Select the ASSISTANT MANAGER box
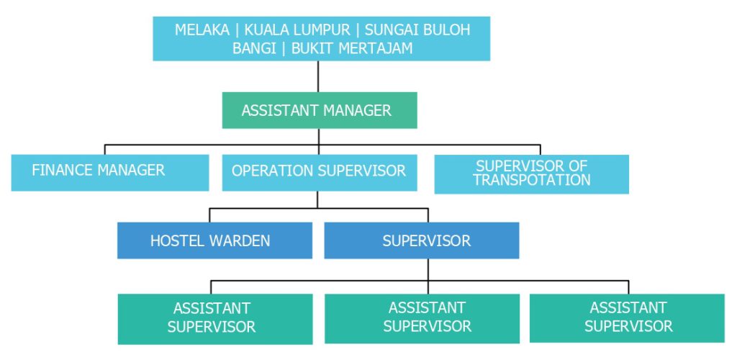click(319, 110)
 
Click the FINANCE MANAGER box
click(109, 172)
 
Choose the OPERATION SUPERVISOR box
click(319, 172)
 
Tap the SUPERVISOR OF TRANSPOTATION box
click(531, 174)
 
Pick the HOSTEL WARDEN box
click(214, 240)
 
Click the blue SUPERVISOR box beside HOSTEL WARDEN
click(422, 240)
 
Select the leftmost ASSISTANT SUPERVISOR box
click(214, 318)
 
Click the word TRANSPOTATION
click(531, 181)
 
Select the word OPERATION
click(272, 171)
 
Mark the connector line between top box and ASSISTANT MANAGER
click(318, 76)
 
